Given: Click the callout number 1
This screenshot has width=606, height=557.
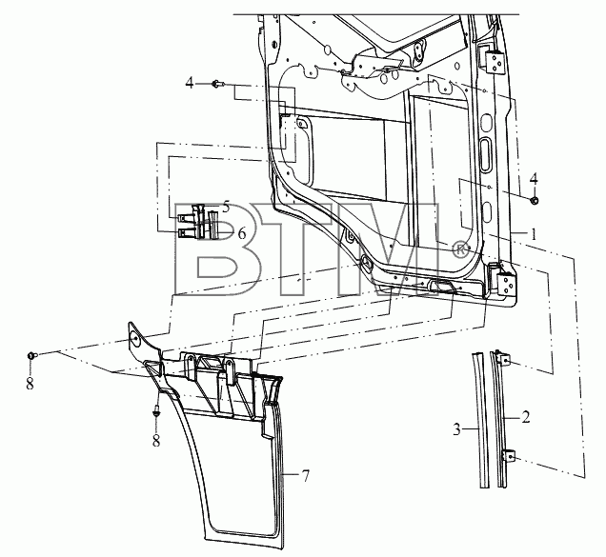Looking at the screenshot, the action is pos(534,233).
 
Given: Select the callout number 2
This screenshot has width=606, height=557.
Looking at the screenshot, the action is pos(525,417).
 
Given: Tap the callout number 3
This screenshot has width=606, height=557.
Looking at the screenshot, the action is pos(456,429).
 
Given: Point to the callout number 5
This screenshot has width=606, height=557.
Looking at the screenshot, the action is pos(226,207).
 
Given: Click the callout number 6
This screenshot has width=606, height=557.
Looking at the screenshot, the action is pos(242,233).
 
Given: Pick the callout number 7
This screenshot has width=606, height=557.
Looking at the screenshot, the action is pos(305,476).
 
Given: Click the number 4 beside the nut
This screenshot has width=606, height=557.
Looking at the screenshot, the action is pos(534,179).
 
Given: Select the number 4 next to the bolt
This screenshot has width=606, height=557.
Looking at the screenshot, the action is pos(190,83).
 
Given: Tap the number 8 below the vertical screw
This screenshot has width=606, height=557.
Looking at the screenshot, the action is pos(156,441).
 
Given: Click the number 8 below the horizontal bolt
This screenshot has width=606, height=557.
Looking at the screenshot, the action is pos(30,383).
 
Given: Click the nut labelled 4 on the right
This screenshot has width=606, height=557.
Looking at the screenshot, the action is pos(535,201).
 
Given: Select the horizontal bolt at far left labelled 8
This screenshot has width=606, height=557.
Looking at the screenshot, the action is pos(32,354).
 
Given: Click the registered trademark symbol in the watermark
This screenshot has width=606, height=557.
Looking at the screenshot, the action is pos(459,249).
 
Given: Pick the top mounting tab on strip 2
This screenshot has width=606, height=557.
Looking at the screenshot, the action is pos(506,361).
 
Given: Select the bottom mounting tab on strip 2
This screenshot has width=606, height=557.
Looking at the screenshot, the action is pos(510,456).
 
